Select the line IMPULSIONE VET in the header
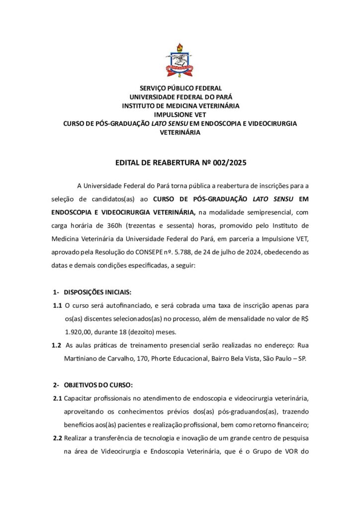[180, 115]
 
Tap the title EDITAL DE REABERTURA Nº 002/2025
[180, 163]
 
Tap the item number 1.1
[57, 305]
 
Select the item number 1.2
[57, 345]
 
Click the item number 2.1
[57, 399]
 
